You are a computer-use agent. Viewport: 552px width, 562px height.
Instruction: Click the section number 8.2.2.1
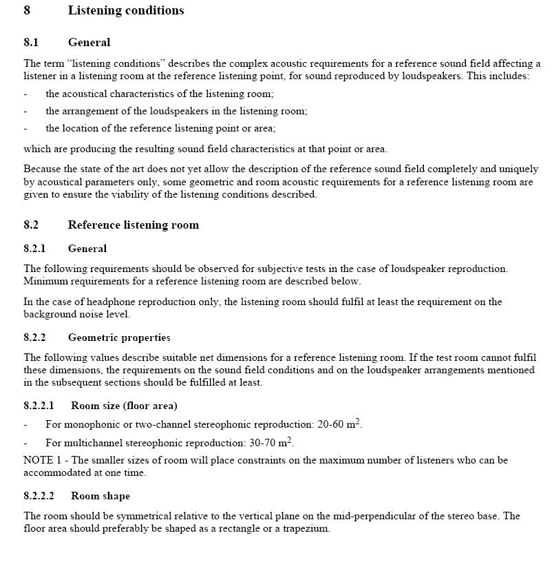tap(39, 406)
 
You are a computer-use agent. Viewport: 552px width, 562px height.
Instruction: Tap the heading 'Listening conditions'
tap(126, 10)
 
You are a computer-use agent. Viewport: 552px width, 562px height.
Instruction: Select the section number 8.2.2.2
tap(39, 496)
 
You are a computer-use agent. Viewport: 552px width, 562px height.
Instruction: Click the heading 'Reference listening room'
tap(133, 225)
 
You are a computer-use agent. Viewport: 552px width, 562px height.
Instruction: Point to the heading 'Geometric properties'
tap(119, 337)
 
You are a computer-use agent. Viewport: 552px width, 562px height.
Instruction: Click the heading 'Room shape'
tap(100, 496)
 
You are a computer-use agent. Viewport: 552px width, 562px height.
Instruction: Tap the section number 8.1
tap(31, 43)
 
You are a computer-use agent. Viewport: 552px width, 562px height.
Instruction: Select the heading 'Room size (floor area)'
tap(124, 406)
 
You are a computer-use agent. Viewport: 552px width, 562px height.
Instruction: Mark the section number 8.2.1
tap(34, 249)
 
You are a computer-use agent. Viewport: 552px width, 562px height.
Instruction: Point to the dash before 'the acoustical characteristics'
tap(25, 94)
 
